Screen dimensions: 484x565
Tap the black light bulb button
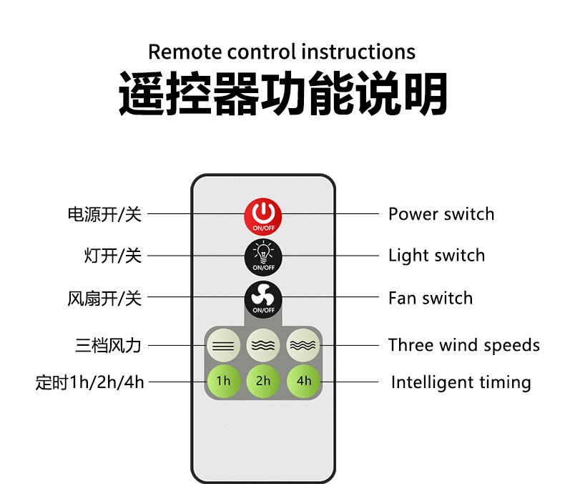(x=263, y=256)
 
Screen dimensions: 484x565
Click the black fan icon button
(x=263, y=298)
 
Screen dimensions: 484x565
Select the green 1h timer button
(x=223, y=381)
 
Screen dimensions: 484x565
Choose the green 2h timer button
(x=263, y=381)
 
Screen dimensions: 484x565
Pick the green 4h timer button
(x=304, y=381)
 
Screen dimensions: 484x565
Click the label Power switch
(x=441, y=214)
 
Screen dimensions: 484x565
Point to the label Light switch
(x=436, y=256)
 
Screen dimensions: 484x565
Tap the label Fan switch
(x=430, y=298)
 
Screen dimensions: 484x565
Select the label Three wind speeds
(x=463, y=345)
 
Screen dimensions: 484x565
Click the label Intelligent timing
(x=461, y=382)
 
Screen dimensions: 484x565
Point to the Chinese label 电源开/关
(x=104, y=214)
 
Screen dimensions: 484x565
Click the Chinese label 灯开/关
(x=113, y=256)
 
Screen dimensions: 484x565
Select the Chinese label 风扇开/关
(x=104, y=298)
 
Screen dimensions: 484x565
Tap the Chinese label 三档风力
(x=108, y=346)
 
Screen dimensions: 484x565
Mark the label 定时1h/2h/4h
(x=90, y=382)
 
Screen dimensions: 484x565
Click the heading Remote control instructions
(x=282, y=52)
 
